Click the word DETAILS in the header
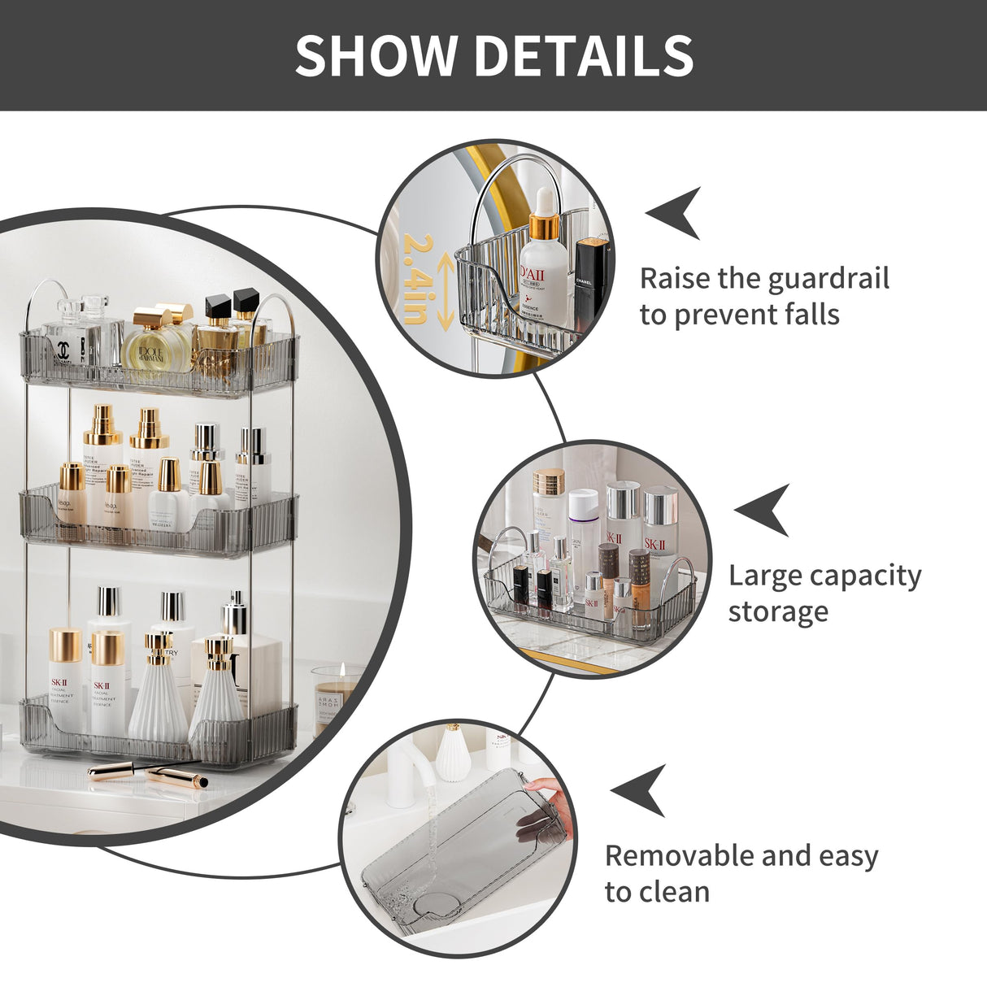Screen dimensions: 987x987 click(584, 55)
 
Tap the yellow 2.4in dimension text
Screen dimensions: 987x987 click(415, 279)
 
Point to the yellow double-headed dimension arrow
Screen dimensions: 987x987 click(445, 289)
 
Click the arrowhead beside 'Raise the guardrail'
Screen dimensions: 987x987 click(676, 213)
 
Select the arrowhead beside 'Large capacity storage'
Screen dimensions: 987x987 click(763, 510)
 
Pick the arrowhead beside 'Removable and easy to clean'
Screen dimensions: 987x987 click(640, 790)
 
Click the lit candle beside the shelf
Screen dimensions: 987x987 click(333, 695)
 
